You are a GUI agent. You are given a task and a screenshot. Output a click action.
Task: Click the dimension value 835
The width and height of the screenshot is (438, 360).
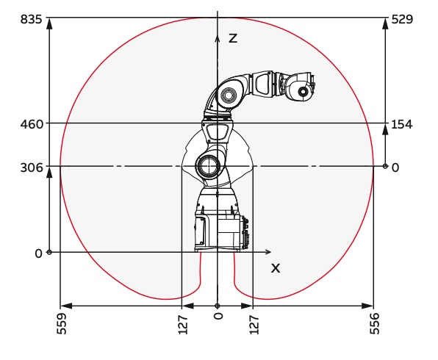pos(32,20)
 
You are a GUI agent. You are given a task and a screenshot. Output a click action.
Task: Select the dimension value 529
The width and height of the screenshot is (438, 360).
pos(402,20)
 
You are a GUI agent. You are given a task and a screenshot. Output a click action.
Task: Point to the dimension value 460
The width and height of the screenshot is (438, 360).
pos(32,124)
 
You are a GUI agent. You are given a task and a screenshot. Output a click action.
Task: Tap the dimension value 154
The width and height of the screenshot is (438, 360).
pos(402,124)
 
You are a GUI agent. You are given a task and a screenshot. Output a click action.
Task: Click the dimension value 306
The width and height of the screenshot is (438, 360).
pos(32,168)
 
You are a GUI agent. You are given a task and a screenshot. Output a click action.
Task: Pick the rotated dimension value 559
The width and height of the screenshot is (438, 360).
pos(62,323)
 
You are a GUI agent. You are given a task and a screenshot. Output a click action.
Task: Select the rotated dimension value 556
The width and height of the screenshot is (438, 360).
pos(375,323)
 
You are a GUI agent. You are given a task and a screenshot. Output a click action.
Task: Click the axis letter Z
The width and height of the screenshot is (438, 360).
pos(233,38)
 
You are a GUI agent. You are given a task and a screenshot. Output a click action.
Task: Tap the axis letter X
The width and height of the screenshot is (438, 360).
pos(276,268)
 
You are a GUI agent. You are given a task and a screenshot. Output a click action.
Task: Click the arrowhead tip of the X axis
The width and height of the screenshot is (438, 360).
pos(271,252)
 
